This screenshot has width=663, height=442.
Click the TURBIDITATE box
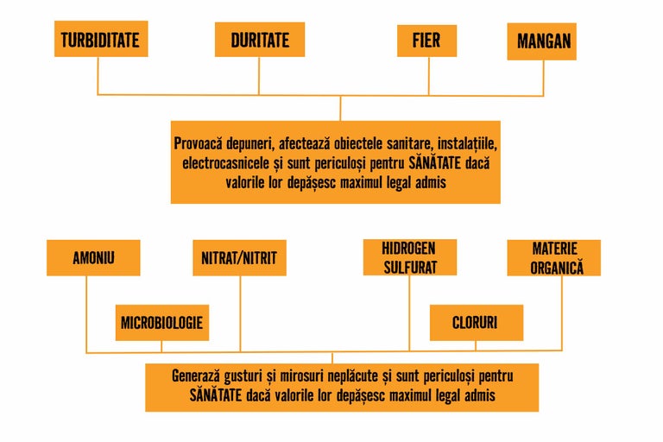(x=100, y=40)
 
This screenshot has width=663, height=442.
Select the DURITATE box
(x=260, y=40)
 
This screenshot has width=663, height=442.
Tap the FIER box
(x=426, y=40)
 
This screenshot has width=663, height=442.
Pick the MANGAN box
(x=542, y=41)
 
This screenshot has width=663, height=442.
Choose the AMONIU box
(x=93, y=257)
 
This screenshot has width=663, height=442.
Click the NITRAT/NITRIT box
(x=238, y=257)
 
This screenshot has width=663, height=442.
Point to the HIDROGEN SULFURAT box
(x=410, y=257)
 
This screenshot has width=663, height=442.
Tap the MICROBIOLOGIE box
(x=162, y=322)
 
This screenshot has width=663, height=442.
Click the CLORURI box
(x=476, y=322)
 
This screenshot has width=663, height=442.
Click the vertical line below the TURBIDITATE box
(x=98, y=76)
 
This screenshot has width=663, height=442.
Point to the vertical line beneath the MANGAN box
(x=542, y=78)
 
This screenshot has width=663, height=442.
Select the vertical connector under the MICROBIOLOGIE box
(x=162, y=345)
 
